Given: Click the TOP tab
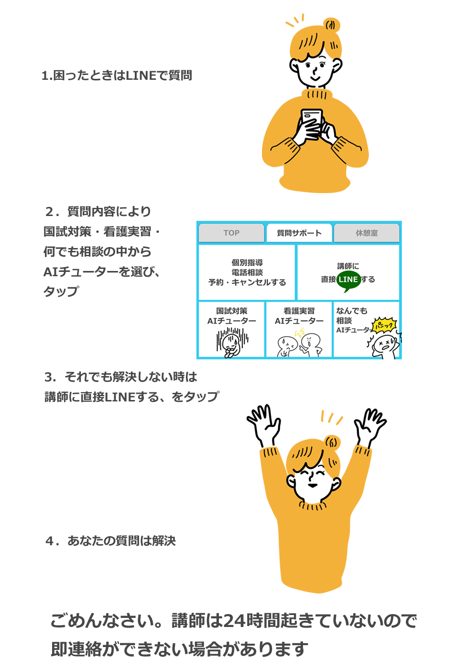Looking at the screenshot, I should click(231, 233).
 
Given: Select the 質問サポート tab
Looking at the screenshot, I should click(299, 233).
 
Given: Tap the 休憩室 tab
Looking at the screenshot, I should click(367, 233).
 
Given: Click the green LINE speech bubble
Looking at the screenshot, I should click(348, 280).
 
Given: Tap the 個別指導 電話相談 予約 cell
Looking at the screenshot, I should click(247, 272).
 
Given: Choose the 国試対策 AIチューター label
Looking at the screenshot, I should click(232, 316).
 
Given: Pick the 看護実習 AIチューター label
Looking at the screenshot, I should click(299, 316).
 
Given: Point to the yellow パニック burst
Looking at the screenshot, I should click(385, 326).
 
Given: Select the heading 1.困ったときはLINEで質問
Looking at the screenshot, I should click(117, 76).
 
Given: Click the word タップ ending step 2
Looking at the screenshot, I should click(61, 292).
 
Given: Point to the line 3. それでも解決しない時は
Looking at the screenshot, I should click(121, 377).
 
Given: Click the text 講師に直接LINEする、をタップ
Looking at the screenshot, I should click(132, 397).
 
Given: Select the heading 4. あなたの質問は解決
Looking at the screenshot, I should click(111, 541).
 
